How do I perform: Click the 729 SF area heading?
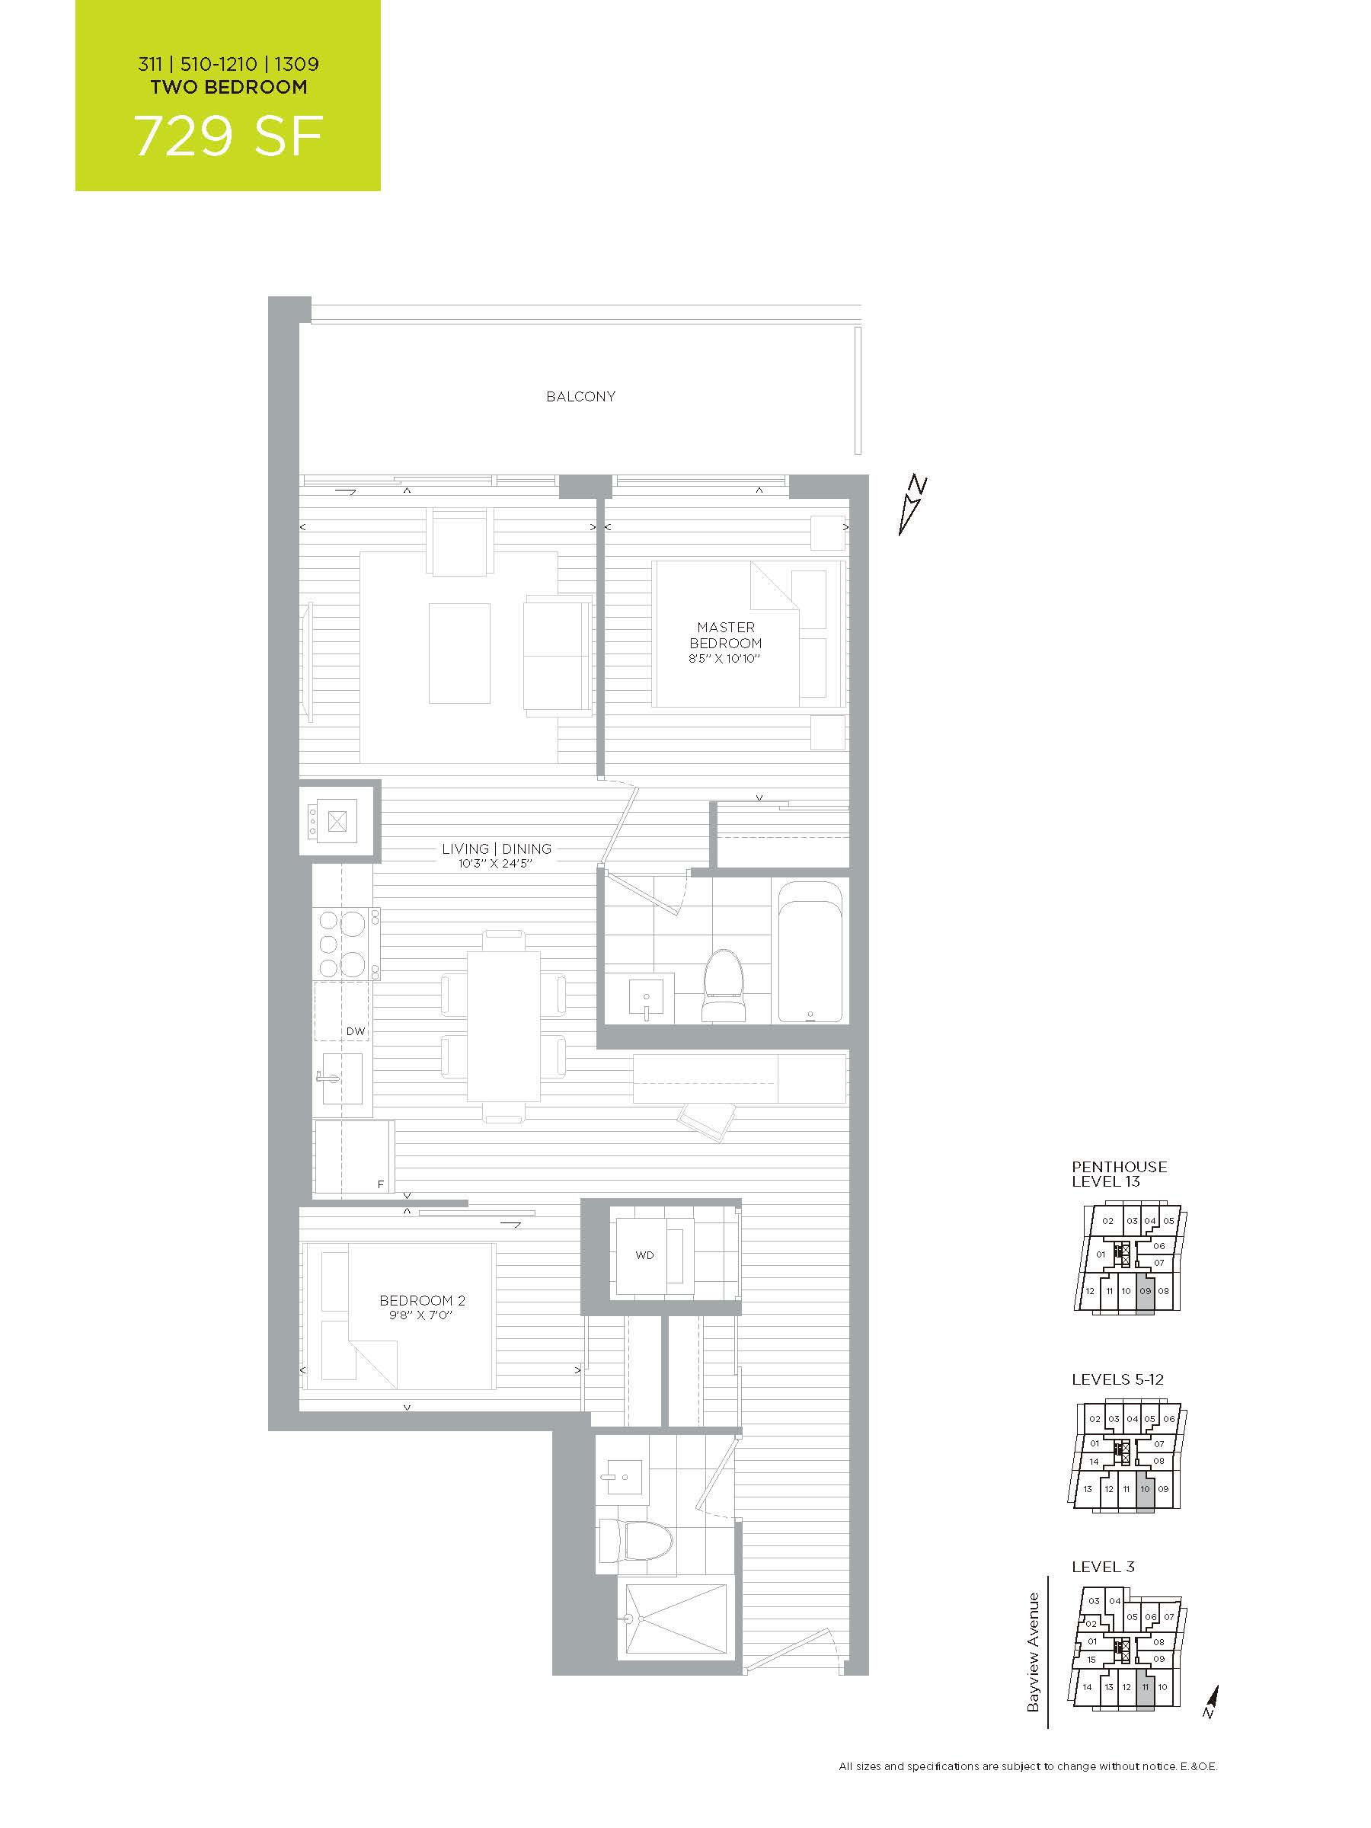pyautogui.click(x=228, y=136)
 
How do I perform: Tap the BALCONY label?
pyautogui.click(x=580, y=397)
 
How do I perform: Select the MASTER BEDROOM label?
pyautogui.click(x=726, y=634)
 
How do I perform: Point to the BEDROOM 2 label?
pyautogui.click(x=421, y=1300)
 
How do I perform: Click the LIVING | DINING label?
pyautogui.click(x=496, y=848)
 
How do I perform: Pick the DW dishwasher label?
pyautogui.click(x=356, y=1031)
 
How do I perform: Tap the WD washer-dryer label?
pyautogui.click(x=644, y=1254)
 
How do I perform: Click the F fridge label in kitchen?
pyautogui.click(x=381, y=1184)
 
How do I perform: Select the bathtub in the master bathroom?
pyautogui.click(x=813, y=951)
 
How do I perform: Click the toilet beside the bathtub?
pyautogui.click(x=723, y=985)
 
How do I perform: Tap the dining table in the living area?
pyautogui.click(x=503, y=1027)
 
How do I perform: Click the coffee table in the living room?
pyautogui.click(x=459, y=653)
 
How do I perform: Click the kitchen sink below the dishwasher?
pyautogui.click(x=342, y=1078)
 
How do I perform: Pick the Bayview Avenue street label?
pyautogui.click(x=1033, y=1652)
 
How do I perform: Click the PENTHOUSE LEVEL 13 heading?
pyautogui.click(x=1119, y=1174)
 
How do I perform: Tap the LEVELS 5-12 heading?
pyautogui.click(x=1117, y=1379)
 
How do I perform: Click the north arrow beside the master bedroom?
pyautogui.click(x=914, y=505)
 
